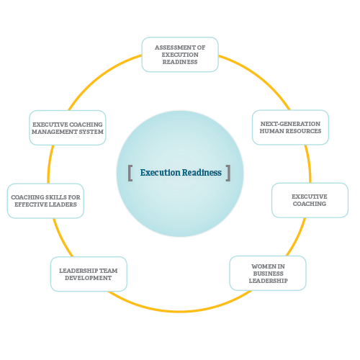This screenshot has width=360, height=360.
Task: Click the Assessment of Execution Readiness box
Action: (180, 55)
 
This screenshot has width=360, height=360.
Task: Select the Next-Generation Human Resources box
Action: (290, 127)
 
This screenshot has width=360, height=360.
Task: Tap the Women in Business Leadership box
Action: (268, 273)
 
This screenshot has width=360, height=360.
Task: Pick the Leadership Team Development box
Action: (89, 274)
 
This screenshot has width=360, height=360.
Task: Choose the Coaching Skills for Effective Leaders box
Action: (45, 201)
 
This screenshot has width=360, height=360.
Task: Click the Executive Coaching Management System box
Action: (68, 127)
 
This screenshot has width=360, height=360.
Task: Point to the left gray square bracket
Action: (130, 173)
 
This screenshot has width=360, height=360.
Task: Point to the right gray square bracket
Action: (228, 173)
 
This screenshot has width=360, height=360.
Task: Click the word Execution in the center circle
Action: (160, 173)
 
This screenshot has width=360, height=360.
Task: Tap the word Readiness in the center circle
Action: (202, 173)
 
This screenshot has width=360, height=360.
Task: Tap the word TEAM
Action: (108, 271)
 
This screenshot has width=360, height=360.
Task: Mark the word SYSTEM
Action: (91, 132)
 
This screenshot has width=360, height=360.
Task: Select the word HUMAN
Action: (271, 131)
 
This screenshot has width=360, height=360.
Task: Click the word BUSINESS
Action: (268, 274)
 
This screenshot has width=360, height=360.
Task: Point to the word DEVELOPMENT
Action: (89, 278)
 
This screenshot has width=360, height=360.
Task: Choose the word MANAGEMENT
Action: (55, 132)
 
